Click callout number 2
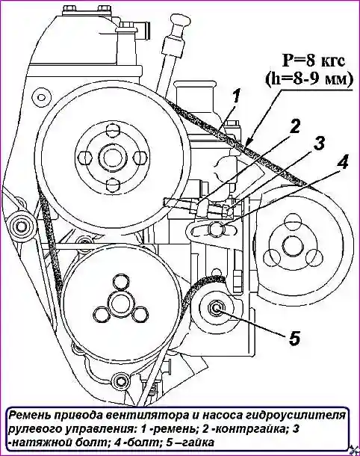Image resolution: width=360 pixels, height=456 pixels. [x=294, y=127]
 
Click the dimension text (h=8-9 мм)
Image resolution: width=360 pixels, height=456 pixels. [x=309, y=78]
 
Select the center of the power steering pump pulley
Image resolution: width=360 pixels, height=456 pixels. [x=291, y=246]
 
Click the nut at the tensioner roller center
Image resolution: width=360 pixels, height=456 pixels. [x=216, y=307]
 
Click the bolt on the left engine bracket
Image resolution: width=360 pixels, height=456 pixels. [x=19, y=224]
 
